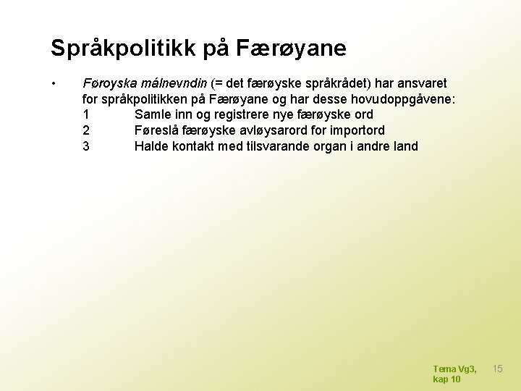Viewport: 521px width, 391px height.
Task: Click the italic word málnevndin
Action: point(174,83)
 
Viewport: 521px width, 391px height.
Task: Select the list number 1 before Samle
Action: point(87,114)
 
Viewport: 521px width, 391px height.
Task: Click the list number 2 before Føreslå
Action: point(87,130)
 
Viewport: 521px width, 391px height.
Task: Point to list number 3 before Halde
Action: point(87,146)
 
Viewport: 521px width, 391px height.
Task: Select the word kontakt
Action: point(190,146)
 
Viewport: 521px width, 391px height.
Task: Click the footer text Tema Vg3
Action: point(454,369)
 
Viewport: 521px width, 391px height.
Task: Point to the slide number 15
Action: point(498,369)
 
